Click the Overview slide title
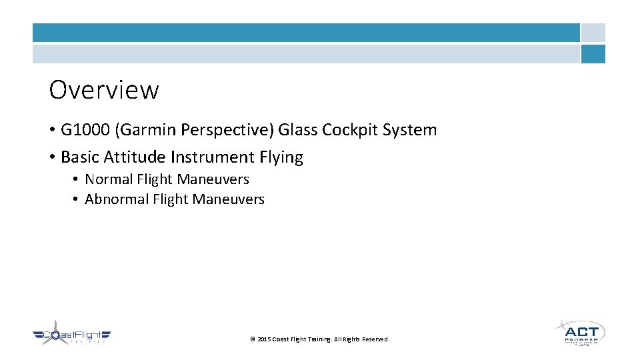[104, 89]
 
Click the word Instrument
[213, 157]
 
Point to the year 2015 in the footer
[263, 339]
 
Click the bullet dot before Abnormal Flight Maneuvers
[76, 199]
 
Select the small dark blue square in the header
[593, 54]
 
